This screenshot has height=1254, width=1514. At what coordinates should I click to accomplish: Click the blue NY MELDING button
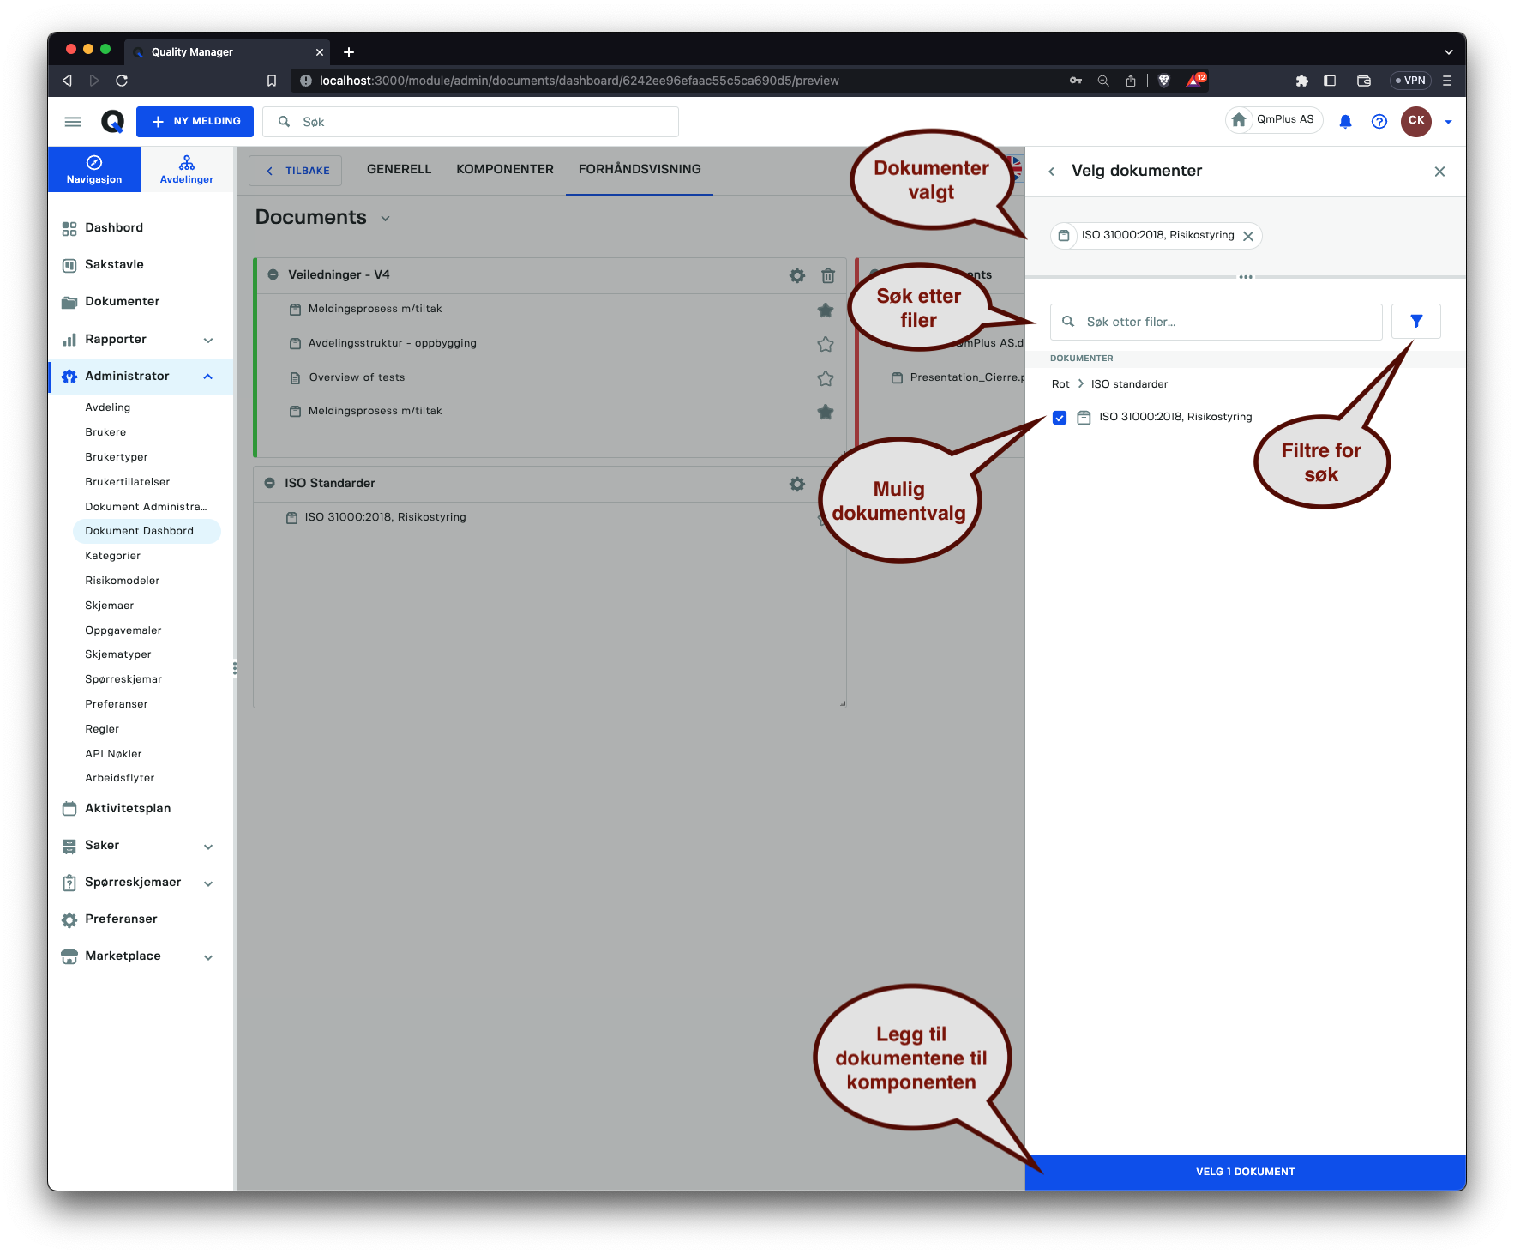click(x=195, y=122)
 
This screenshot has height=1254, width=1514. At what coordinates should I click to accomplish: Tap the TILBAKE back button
click(x=296, y=171)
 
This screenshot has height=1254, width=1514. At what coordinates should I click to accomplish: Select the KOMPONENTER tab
click(x=505, y=170)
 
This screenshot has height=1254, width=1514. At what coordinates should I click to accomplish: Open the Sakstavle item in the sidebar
click(x=114, y=265)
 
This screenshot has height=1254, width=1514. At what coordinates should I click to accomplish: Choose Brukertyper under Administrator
click(x=117, y=457)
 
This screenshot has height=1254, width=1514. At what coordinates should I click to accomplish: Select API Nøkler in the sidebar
click(x=113, y=754)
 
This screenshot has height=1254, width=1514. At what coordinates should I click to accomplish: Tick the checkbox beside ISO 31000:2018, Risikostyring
click(x=1060, y=418)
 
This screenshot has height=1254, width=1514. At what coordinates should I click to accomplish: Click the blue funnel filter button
click(x=1416, y=321)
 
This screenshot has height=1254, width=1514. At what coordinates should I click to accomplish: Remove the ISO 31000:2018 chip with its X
click(x=1248, y=236)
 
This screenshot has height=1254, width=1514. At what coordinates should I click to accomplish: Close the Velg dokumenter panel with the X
click(x=1439, y=172)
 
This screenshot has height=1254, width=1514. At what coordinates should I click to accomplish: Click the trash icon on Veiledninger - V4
click(x=828, y=275)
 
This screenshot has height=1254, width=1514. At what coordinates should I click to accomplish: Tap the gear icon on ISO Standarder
click(x=797, y=484)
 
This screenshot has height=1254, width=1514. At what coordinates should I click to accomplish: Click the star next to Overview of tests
click(x=826, y=378)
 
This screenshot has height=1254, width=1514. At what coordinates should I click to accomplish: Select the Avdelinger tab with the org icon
click(x=187, y=169)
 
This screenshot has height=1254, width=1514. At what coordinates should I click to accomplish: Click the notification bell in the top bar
click(x=1346, y=122)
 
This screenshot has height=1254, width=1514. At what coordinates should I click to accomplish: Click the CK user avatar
click(x=1416, y=121)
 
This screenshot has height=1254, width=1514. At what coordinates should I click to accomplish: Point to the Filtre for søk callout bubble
click(x=1321, y=461)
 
